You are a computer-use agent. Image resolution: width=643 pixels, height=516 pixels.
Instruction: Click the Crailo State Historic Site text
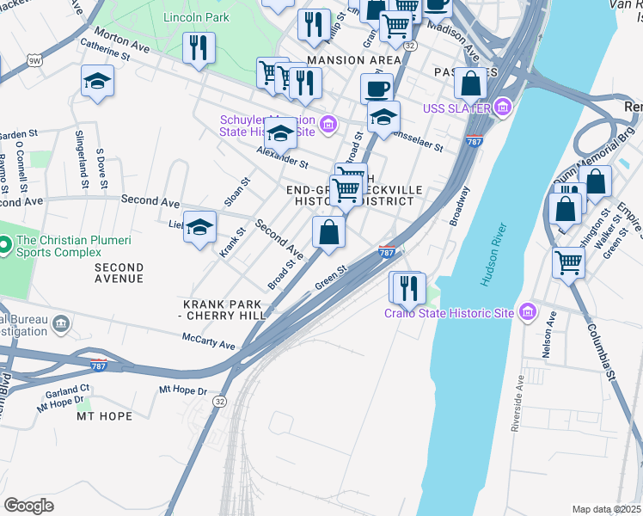point(449,313)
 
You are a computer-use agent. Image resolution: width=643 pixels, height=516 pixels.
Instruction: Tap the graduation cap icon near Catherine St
point(97,83)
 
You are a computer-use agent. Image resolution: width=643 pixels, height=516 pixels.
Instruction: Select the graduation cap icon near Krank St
point(200,228)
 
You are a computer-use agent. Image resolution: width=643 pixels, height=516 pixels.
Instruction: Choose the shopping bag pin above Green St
point(328,231)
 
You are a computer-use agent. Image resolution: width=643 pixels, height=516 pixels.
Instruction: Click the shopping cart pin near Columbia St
point(568,262)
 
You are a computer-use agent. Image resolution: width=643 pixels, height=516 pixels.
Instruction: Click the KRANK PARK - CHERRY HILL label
point(224,311)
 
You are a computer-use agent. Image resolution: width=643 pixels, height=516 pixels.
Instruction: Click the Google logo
point(28,505)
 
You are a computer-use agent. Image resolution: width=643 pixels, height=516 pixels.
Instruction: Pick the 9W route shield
point(34,60)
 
